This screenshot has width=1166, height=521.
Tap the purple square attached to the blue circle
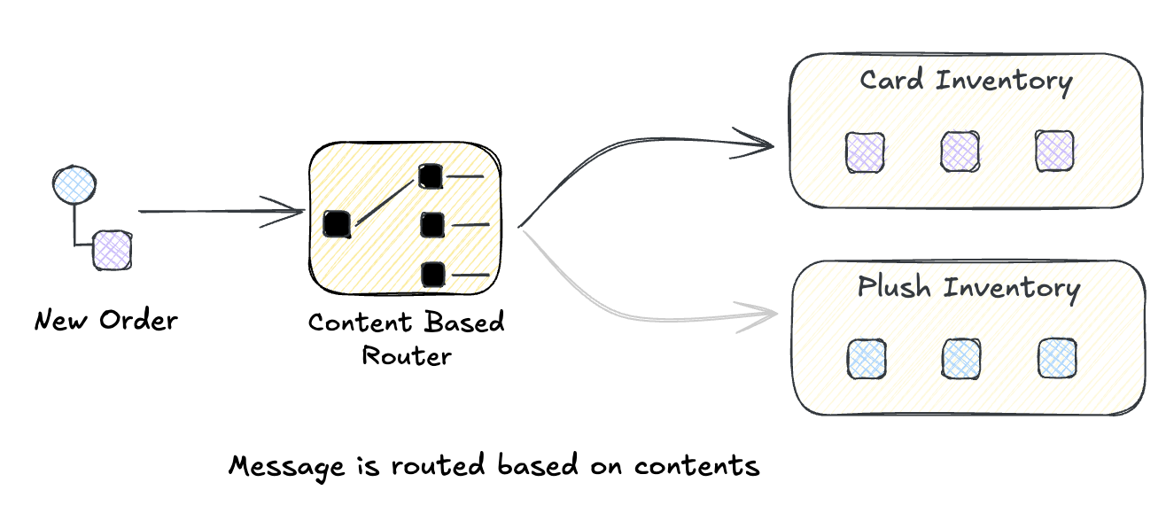click(113, 251)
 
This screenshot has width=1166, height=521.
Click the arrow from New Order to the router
click(222, 213)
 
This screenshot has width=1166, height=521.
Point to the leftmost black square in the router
click(338, 223)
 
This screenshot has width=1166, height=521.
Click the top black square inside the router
click(430, 176)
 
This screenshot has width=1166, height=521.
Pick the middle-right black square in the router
click(431, 225)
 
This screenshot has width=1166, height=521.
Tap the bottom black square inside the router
click(432, 274)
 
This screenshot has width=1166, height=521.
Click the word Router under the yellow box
click(407, 356)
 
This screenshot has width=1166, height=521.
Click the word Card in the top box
click(892, 82)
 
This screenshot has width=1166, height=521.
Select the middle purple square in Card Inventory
click(960, 151)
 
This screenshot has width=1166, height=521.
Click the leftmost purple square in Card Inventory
click(864, 151)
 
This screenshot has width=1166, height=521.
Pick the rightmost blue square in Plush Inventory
click(1057, 358)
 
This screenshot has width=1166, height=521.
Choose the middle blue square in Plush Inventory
click(961, 358)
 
